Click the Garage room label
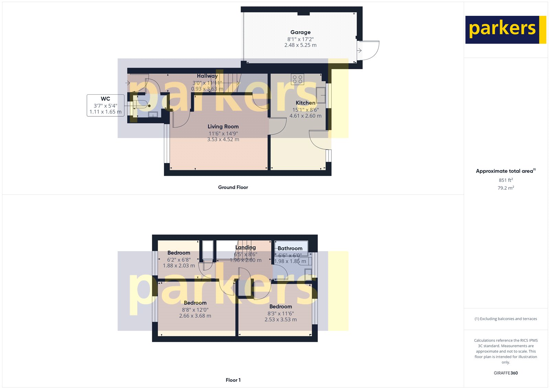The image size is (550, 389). pyautogui.click(x=300, y=32)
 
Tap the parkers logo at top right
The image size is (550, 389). pyautogui.click(x=505, y=30)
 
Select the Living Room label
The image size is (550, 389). pyautogui.click(x=223, y=127)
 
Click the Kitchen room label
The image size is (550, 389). pyautogui.click(x=305, y=103)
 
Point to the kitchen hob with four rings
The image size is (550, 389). pyautogui.click(x=297, y=79)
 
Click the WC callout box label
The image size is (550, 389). pyautogui.click(x=105, y=99)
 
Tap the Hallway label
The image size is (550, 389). pyautogui.click(x=207, y=76)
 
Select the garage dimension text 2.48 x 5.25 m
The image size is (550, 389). pyautogui.click(x=300, y=45)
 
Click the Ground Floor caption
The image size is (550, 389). pyautogui.click(x=233, y=187)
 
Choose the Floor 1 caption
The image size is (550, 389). pyautogui.click(x=233, y=380)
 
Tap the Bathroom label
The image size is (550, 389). pyautogui.click(x=290, y=248)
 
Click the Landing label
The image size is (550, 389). pyautogui.click(x=245, y=247)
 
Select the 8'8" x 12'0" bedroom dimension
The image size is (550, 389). pyautogui.click(x=195, y=310)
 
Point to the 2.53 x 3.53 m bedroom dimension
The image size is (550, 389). pyautogui.click(x=280, y=320)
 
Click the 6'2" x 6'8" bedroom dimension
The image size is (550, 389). pyautogui.click(x=179, y=260)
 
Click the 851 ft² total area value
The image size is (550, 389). pyautogui.click(x=506, y=180)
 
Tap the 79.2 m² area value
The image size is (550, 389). pyautogui.click(x=506, y=188)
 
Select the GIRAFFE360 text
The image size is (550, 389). pyautogui.click(x=506, y=373)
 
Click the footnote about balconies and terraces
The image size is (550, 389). pyautogui.click(x=506, y=319)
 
